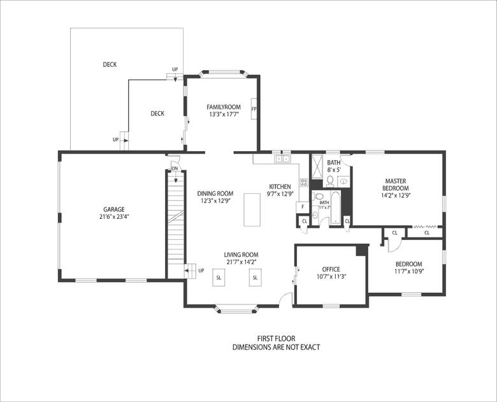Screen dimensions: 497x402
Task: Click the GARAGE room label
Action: [x=114, y=209]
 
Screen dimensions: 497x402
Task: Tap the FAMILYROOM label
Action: [x=224, y=107]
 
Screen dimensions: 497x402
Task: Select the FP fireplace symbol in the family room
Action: [x=254, y=109]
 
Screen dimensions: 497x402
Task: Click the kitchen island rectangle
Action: [x=252, y=210]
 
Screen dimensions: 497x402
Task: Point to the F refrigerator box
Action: [x=303, y=207]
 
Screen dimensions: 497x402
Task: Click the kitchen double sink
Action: [x=282, y=158]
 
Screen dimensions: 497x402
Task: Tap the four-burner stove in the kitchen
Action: [x=305, y=182]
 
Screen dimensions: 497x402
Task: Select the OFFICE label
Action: [x=331, y=269]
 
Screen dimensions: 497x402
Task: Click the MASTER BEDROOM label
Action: [x=396, y=184]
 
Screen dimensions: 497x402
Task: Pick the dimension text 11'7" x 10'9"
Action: [x=409, y=271]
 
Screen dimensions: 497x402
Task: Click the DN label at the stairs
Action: [x=175, y=168]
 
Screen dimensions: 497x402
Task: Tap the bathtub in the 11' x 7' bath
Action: [x=335, y=207]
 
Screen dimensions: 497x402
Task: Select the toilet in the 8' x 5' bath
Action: [x=330, y=180]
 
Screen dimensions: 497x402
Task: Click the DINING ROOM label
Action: [x=215, y=193]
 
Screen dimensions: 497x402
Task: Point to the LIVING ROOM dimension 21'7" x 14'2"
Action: [x=241, y=262]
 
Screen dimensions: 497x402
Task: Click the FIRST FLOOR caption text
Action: [x=276, y=339]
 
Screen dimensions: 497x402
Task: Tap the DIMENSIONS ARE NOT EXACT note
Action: [x=276, y=347]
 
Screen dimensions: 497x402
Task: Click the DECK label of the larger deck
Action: [x=110, y=64]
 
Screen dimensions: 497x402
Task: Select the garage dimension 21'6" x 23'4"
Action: [x=114, y=217]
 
